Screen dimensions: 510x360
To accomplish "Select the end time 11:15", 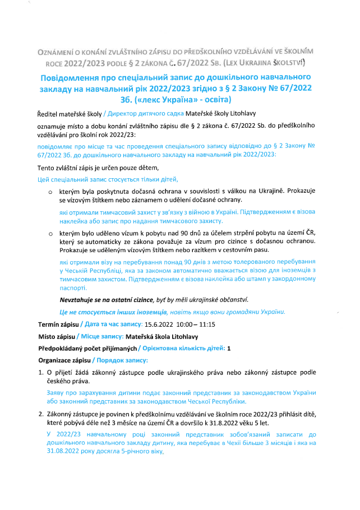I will [x=200, y=324].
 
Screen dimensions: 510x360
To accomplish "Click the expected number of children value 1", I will [x=229, y=348].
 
